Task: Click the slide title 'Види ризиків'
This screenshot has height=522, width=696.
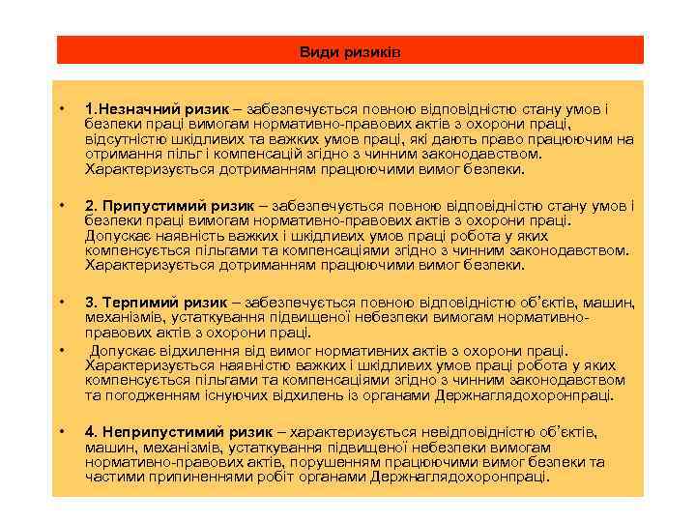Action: pos(349,51)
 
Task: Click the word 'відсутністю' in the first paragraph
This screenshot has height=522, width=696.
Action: pos(122,139)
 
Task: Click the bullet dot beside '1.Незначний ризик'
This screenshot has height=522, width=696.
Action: pos(61,109)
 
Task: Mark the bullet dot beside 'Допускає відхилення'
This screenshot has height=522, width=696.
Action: pos(61,350)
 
